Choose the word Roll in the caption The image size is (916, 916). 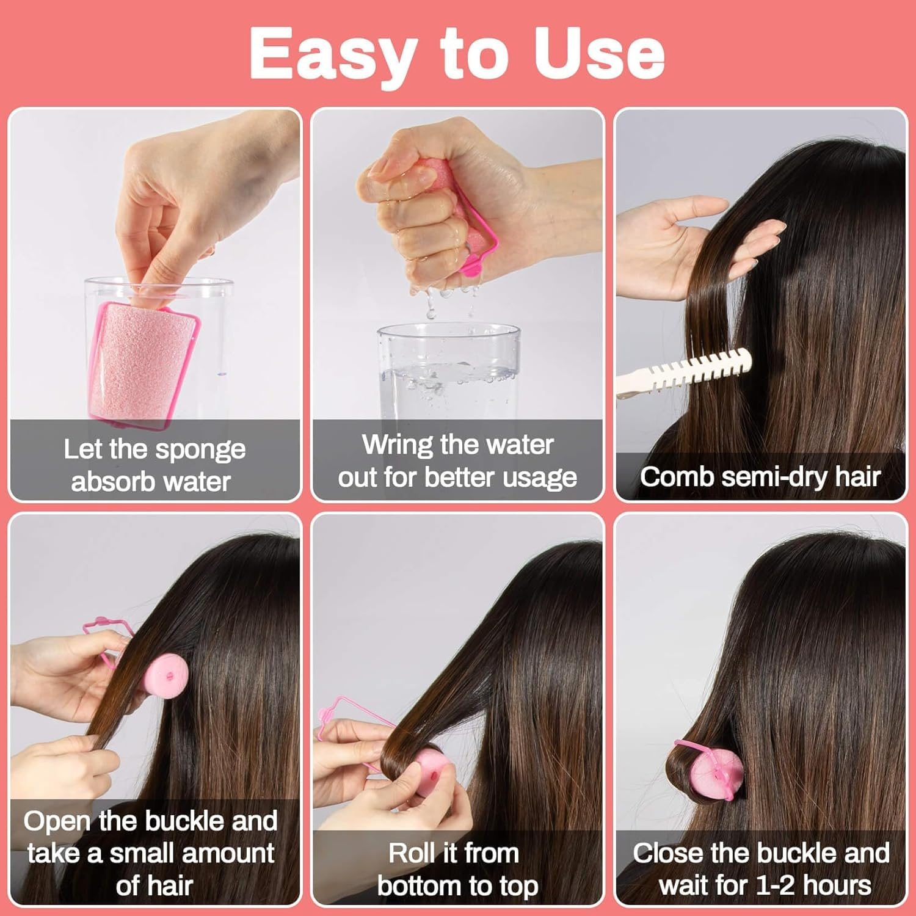pos(413,853)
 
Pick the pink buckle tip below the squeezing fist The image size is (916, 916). pos(471,266)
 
